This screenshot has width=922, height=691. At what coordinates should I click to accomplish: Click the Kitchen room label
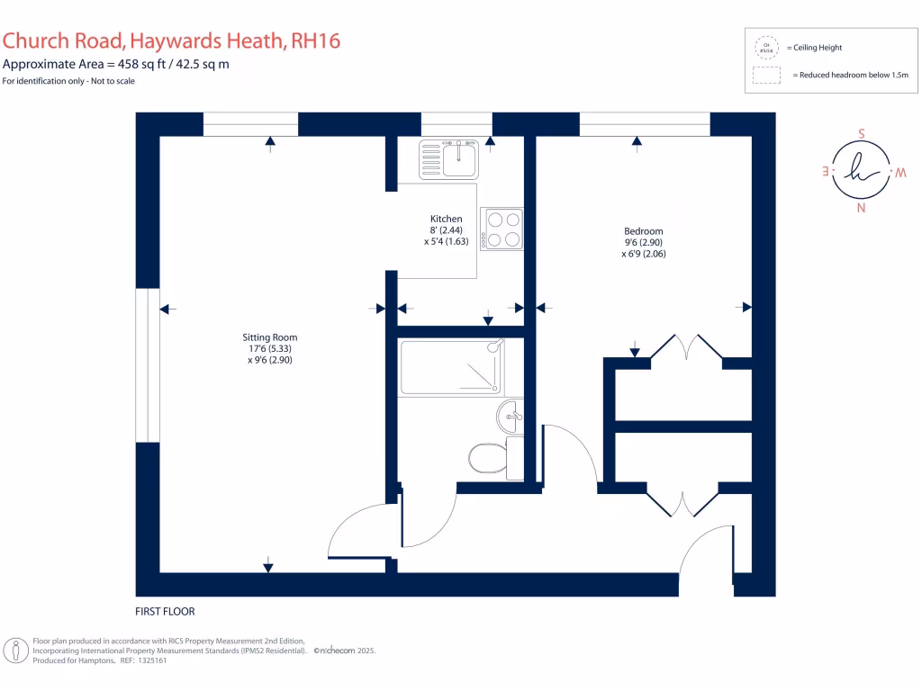click(x=446, y=219)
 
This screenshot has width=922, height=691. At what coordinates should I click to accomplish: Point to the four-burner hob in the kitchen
click(x=502, y=229)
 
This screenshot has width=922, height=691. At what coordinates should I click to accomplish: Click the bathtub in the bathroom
click(x=451, y=366)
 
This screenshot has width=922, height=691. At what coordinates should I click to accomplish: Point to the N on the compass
click(x=861, y=209)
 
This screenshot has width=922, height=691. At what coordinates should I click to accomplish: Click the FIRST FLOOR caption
click(x=165, y=612)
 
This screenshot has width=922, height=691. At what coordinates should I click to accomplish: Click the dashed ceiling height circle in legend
click(x=766, y=47)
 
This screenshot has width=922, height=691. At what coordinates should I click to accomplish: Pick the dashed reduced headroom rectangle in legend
click(x=766, y=76)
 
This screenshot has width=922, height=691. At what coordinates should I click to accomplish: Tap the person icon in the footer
click(x=15, y=650)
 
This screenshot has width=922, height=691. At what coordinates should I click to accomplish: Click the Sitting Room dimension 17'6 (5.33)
click(x=271, y=348)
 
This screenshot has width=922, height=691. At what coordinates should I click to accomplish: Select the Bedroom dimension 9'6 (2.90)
click(x=644, y=243)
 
